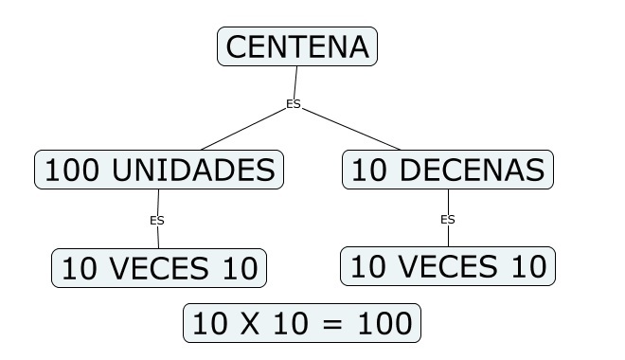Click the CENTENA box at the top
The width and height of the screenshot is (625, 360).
tap(297, 46)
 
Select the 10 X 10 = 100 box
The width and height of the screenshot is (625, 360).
tap(301, 323)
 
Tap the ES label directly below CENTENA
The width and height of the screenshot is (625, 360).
tap(294, 104)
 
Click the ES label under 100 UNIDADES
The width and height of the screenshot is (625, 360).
tap(157, 220)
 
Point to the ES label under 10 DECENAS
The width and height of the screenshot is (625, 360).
tap(448, 219)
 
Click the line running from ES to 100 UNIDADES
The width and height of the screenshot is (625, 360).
tap(223, 130)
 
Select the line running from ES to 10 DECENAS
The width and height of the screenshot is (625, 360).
tap(350, 128)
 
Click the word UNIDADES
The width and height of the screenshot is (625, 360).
tap(194, 170)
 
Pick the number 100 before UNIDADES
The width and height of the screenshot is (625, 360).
tap(73, 170)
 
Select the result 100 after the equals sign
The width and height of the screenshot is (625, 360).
tap(384, 323)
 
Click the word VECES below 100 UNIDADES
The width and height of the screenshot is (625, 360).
tap(158, 268)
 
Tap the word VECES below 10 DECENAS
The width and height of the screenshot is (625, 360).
tap(448, 266)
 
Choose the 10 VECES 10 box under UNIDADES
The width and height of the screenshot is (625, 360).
tap(158, 268)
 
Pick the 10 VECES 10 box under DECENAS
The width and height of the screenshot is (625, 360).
tap(448, 266)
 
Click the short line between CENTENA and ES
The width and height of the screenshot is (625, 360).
tap(295, 81)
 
